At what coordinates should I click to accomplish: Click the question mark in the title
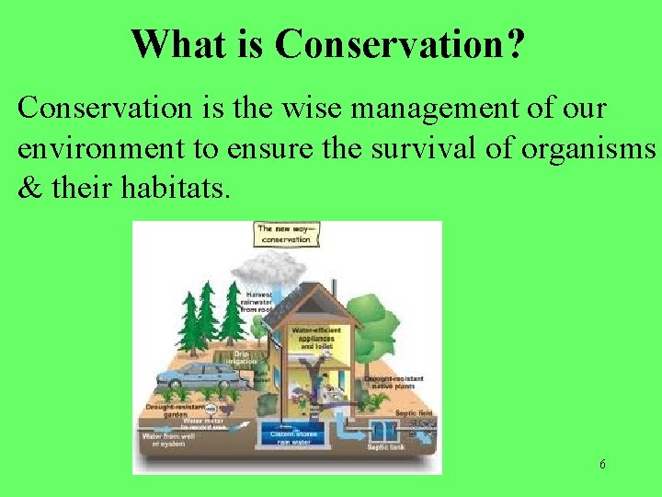516,43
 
